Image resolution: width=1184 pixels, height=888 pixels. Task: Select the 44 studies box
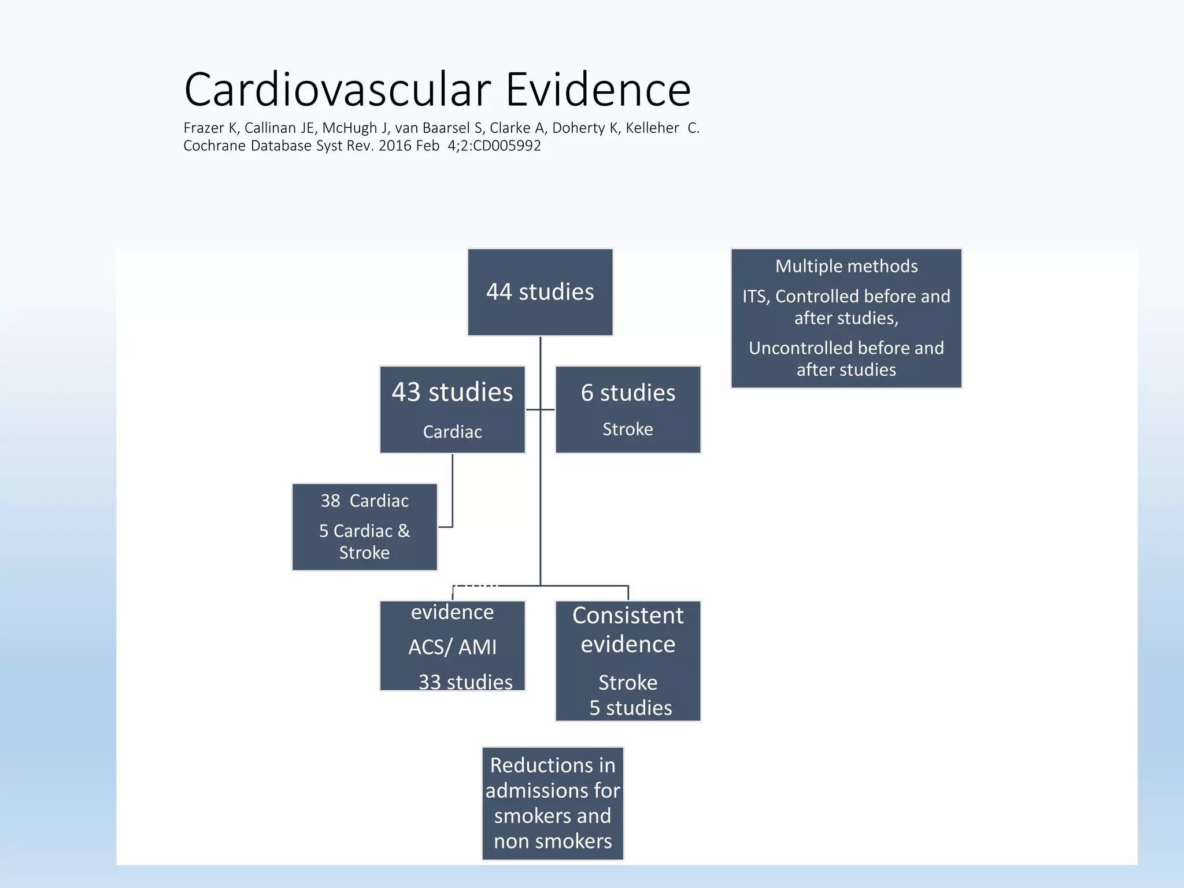tap(540, 292)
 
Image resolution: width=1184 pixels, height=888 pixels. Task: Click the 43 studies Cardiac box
tap(452, 409)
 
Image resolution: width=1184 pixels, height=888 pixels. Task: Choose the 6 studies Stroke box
tap(628, 409)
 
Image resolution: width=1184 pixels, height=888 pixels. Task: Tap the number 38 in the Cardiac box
tap(330, 501)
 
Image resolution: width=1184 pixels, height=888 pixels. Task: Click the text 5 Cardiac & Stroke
tap(364, 542)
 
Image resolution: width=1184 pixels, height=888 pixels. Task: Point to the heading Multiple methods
tap(846, 266)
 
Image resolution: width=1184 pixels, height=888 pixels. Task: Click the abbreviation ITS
tap(754, 297)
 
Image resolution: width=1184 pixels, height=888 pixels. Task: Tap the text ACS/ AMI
tap(452, 647)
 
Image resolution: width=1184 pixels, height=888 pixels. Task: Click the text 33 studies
tap(465, 682)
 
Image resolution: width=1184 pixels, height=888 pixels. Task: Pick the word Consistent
tap(628, 616)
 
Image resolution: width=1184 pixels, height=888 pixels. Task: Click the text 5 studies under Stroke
tap(630, 708)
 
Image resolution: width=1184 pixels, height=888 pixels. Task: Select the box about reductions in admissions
tap(553, 803)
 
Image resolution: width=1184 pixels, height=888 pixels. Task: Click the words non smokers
tap(553, 841)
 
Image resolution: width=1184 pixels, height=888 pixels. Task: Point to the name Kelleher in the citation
tap(652, 128)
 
